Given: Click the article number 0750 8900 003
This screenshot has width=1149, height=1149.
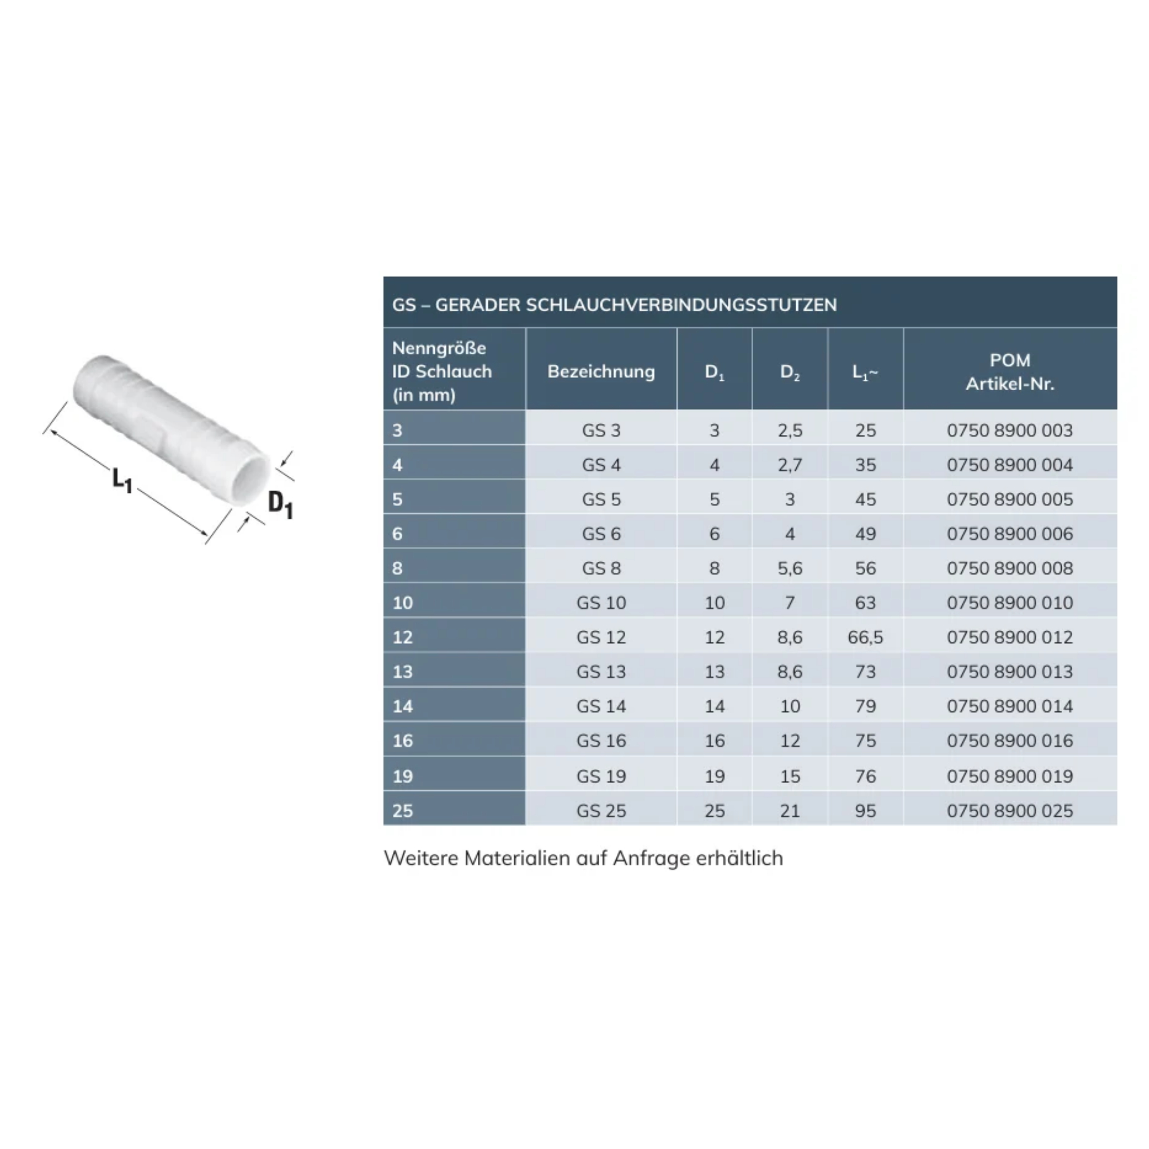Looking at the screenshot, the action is tap(1010, 430).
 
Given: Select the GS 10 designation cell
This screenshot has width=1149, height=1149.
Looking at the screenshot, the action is tap(602, 603).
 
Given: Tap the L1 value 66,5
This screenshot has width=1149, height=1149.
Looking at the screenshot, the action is tap(865, 637).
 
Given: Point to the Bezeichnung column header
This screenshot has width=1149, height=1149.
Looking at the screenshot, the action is tap(602, 371).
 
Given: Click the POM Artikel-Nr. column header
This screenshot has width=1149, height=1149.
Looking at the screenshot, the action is tap(1010, 372).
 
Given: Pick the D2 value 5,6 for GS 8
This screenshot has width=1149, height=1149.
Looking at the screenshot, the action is tap(790, 568).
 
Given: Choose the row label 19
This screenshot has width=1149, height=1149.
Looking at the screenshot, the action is tap(403, 776).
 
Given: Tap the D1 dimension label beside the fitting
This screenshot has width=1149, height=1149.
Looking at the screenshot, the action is tap(281, 505).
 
